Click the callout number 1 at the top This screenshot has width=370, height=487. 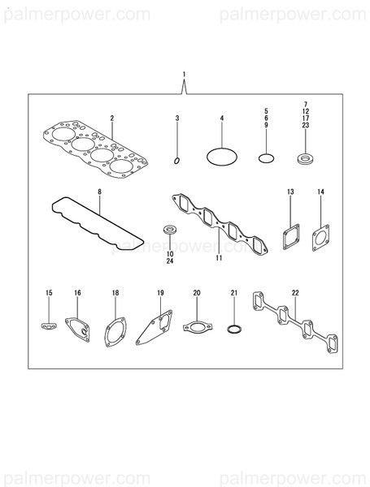[x=185, y=75]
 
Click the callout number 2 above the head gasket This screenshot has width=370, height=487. [x=112, y=119]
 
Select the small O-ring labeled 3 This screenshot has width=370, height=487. [x=177, y=160]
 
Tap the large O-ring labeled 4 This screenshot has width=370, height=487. [x=220, y=153]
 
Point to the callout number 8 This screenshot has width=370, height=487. [x=100, y=192]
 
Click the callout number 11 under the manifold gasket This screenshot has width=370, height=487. [x=219, y=259]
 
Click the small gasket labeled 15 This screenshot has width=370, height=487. [x=48, y=326]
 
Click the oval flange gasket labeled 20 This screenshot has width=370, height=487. [x=196, y=327]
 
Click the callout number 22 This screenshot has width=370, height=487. [x=294, y=291]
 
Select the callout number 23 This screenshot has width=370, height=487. [x=306, y=126]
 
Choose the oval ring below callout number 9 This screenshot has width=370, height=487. [x=264, y=157]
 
